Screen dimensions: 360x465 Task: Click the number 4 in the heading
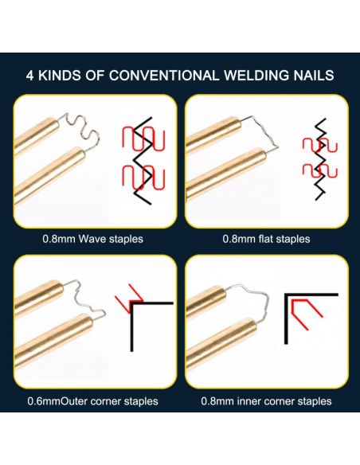click(x=30, y=76)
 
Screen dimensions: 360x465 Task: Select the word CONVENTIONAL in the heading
click(x=163, y=76)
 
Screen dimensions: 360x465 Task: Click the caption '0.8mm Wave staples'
click(x=93, y=239)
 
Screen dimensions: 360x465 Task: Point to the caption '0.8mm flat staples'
click(x=266, y=239)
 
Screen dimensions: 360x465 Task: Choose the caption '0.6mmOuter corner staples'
click(x=93, y=401)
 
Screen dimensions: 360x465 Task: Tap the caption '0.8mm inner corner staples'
click(x=266, y=401)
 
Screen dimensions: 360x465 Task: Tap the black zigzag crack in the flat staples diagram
click(x=320, y=159)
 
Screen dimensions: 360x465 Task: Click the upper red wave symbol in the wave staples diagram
click(x=143, y=139)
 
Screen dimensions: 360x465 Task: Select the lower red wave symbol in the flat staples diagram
click(x=320, y=171)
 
